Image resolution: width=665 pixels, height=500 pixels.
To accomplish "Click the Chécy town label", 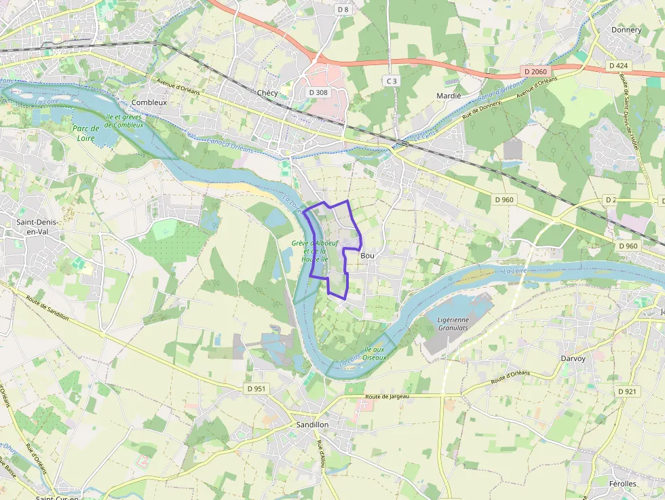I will pyautogui.click(x=267, y=93).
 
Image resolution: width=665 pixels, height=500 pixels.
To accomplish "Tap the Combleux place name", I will pyautogui.click(x=149, y=102).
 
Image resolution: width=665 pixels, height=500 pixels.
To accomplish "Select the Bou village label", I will pyautogui.click(x=368, y=256).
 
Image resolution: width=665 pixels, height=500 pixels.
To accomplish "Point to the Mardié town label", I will pyautogui.click(x=449, y=96).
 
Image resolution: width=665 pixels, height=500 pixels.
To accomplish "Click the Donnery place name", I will pyautogui.click(x=626, y=30).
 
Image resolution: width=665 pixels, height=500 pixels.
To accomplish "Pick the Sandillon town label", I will pyautogui.click(x=313, y=424).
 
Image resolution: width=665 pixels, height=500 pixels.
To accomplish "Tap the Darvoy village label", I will pyautogui.click(x=573, y=358).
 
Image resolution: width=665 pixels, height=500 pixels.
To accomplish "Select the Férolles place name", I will pyautogui.click(x=623, y=484).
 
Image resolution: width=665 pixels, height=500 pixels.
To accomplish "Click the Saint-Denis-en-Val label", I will pyautogui.click(x=38, y=227).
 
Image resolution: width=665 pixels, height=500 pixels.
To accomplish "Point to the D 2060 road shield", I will pyautogui.click(x=535, y=71).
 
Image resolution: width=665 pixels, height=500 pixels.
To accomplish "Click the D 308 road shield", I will pyautogui.click(x=318, y=92).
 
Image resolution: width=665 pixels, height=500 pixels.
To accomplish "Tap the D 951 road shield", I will pyautogui.click(x=256, y=389).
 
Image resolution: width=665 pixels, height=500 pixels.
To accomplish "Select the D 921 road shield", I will pyautogui.click(x=628, y=391).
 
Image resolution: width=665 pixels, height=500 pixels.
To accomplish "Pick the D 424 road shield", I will pyautogui.click(x=618, y=66).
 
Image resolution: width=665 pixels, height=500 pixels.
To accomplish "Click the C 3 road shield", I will pyautogui.click(x=391, y=81).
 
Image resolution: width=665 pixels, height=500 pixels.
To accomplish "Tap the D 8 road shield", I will pyautogui.click(x=343, y=9).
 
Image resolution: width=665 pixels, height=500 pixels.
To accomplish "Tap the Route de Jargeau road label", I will pyautogui.click(x=387, y=397).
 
